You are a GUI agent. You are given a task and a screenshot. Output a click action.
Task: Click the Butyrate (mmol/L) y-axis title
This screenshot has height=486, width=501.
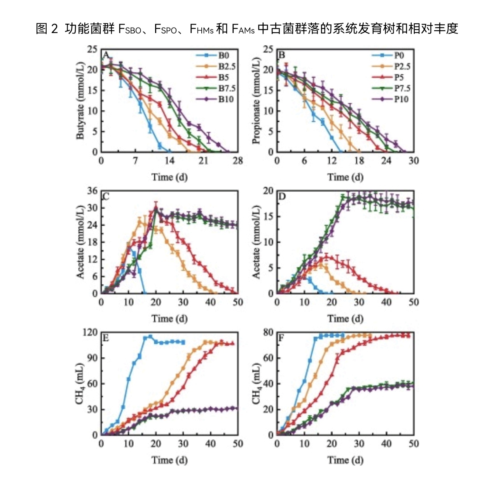point(80,100)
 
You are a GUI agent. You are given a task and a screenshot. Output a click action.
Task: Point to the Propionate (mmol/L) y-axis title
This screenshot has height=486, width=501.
point(256,100)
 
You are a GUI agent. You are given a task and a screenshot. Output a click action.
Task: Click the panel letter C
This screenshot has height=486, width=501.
point(106,196)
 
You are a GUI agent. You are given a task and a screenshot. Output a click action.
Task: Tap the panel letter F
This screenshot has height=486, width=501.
point(281,338)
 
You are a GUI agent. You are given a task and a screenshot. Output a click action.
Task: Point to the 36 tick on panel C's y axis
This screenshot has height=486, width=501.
point(92,191)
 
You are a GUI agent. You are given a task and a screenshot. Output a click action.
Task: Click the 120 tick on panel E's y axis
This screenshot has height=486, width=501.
point(90,332)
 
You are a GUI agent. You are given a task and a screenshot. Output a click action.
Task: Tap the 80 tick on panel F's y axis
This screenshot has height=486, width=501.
point(268,332)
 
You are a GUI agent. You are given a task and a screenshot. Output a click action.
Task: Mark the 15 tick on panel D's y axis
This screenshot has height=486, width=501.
point(268,217)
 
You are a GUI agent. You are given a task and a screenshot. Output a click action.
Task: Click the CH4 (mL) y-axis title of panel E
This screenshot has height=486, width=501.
point(80,384)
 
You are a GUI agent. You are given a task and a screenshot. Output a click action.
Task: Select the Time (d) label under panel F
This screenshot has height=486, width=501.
point(345,460)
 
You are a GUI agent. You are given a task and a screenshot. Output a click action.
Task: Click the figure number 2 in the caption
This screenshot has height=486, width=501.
point(54,28)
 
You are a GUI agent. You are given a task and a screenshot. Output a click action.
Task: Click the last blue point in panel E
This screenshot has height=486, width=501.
point(183,342)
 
